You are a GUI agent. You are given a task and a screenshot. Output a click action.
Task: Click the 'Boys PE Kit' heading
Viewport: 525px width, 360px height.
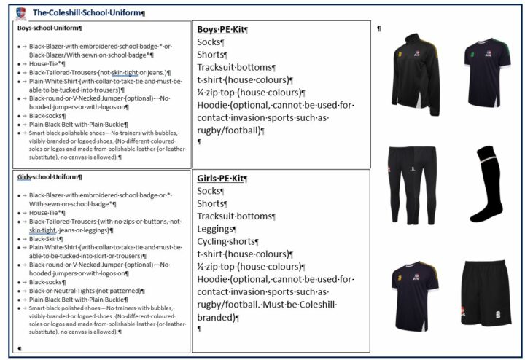point(222,30)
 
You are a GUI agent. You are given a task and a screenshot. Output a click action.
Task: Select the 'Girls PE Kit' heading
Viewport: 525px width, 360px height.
point(222,178)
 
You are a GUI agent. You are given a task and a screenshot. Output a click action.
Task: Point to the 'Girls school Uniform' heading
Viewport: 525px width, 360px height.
point(49,176)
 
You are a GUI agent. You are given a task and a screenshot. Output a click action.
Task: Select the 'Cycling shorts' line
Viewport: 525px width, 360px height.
point(228,241)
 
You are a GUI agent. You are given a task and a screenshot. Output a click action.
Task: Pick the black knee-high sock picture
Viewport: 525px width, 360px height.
point(486,184)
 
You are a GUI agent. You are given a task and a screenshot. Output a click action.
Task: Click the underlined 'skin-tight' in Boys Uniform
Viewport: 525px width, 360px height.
point(126,72)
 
